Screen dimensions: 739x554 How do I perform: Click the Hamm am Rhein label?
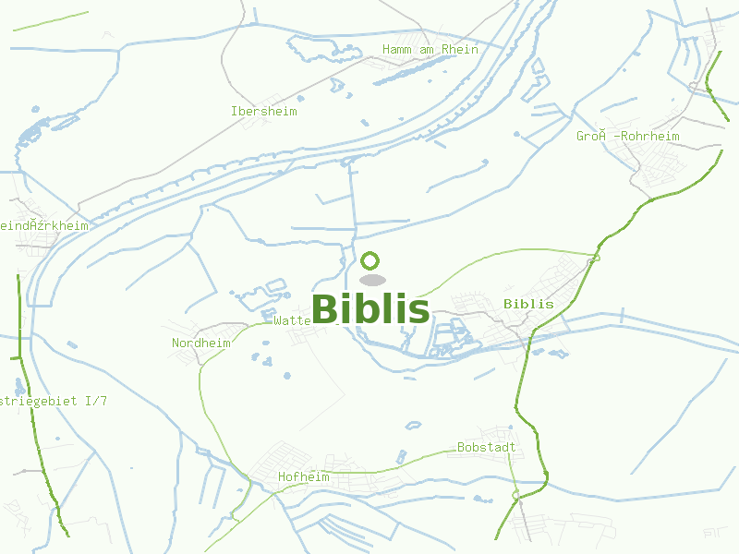click(x=430, y=50)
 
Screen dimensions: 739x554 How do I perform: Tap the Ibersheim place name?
click(x=264, y=111)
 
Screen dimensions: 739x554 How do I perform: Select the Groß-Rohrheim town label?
click(x=628, y=137)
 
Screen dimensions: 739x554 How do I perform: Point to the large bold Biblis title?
click(x=370, y=309)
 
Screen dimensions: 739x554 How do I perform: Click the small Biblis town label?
click(x=528, y=304)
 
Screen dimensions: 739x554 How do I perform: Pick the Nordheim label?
click(x=200, y=343)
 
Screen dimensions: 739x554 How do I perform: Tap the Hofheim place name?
click(x=303, y=477)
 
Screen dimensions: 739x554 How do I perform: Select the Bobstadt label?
click(x=486, y=448)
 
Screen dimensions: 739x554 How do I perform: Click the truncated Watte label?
click(x=292, y=320)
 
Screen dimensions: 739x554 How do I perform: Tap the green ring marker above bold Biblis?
click(x=370, y=260)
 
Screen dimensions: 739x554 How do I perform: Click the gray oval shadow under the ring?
click(x=371, y=280)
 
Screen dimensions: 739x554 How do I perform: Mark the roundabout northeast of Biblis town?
click(x=594, y=259)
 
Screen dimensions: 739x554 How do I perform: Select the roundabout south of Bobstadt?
click(x=515, y=496)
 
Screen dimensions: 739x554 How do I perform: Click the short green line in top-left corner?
click(x=51, y=21)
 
